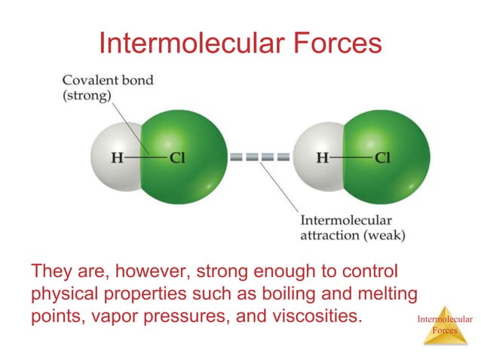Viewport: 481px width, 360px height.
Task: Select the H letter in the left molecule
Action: pyautogui.click(x=117, y=158)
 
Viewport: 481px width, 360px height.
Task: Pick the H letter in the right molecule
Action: pyautogui.click(x=322, y=158)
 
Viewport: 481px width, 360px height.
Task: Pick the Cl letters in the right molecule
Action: pyautogui.click(x=382, y=158)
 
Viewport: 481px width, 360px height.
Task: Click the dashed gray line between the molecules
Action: pyautogui.click(x=260, y=158)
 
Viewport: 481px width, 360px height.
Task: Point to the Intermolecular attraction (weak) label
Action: pyautogui.click(x=353, y=227)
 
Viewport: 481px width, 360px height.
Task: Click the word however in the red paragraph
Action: pyautogui.click(x=134, y=270)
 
